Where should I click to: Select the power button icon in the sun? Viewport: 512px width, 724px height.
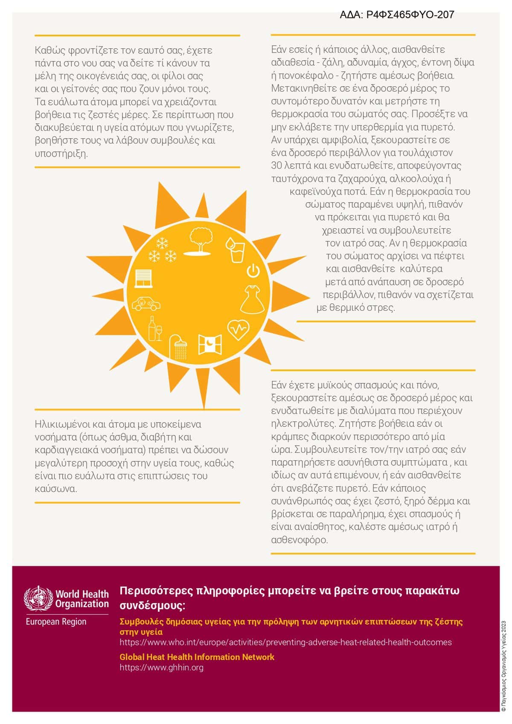tap(253, 271)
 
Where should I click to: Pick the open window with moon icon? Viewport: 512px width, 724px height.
tap(210, 344)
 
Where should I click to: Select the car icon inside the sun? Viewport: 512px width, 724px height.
tap(146, 303)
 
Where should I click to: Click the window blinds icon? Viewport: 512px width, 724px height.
tap(143, 278)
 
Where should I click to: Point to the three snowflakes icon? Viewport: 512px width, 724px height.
tap(162, 251)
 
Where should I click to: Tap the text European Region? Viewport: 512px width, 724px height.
tap(56, 622)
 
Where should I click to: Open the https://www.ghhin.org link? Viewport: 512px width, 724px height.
tap(161, 667)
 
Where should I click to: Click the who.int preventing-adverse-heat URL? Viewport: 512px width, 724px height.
tap(285, 642)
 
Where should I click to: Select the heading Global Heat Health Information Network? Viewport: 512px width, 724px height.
tap(197, 657)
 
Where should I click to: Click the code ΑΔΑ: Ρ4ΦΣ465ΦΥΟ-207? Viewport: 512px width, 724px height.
tap(397, 15)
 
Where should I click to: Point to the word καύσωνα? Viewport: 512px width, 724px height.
tap(55, 489)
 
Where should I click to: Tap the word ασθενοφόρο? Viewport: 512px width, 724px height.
tap(299, 540)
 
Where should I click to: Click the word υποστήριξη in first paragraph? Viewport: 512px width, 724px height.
tap(61, 153)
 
